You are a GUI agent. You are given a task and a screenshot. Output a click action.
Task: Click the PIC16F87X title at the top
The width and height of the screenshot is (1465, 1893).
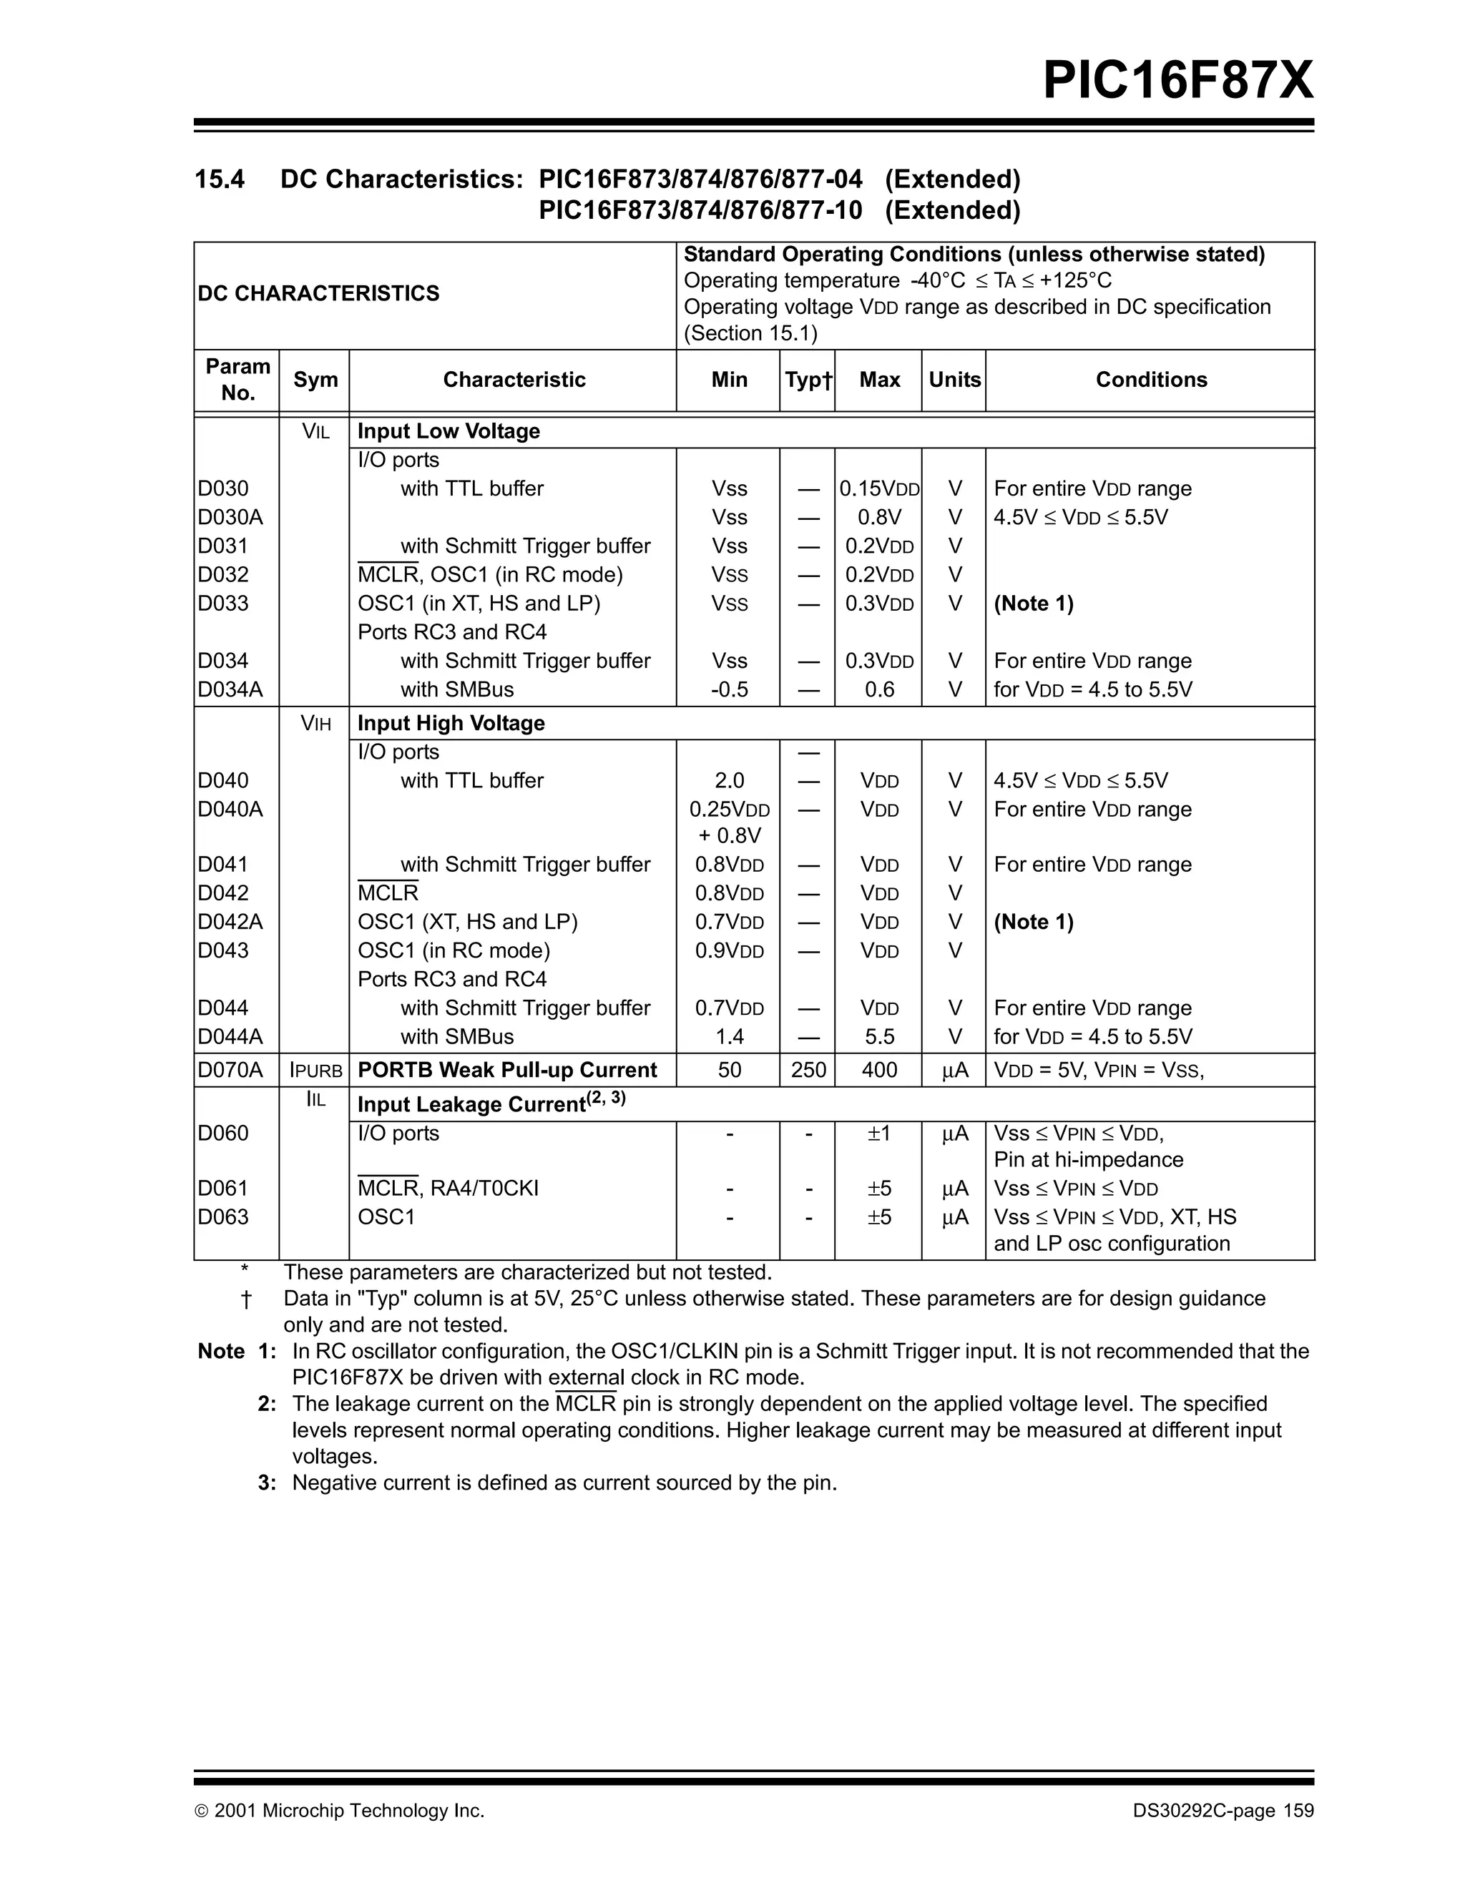pos(1177,81)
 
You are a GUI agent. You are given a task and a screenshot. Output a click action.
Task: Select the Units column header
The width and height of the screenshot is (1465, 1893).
pos(954,380)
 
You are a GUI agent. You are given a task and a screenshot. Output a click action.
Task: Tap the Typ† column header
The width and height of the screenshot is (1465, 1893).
pos(808,380)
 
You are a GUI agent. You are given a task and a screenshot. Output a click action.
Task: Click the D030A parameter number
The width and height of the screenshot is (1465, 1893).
pos(230,518)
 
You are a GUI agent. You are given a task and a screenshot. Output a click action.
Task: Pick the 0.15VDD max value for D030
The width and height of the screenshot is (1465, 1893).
pos(879,489)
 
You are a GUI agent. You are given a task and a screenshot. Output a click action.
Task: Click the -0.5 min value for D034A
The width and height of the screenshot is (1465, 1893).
pos(729,690)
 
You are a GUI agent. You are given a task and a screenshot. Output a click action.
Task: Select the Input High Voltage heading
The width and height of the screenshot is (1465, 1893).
pos(451,723)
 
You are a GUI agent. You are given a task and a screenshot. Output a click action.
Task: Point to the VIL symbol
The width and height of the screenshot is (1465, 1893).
pos(315,432)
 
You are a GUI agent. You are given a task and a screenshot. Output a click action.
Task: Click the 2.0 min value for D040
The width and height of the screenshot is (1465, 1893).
pos(729,781)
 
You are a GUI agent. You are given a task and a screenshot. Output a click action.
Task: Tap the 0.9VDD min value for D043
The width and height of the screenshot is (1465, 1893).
pos(729,951)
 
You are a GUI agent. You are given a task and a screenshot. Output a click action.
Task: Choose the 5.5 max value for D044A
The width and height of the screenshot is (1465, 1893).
pos(879,1037)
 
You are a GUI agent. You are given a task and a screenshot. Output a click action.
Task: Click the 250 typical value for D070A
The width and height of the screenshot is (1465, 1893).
pos(808,1071)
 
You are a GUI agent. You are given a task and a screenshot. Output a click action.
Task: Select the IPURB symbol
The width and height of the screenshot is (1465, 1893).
pos(315,1071)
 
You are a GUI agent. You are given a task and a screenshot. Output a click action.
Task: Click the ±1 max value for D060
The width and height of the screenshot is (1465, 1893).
pos(879,1134)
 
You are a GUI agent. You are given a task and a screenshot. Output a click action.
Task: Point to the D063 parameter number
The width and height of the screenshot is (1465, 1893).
pos(222,1217)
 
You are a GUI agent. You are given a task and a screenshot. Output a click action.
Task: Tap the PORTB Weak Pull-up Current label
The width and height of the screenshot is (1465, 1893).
pos(507,1071)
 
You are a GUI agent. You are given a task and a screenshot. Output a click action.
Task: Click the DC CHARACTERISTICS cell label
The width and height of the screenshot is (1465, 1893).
pos(318,294)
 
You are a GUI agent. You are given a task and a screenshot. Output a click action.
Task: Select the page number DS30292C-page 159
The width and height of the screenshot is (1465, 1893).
pos(1223,1811)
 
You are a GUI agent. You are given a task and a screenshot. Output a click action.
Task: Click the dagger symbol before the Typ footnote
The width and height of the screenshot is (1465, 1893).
pos(245,1299)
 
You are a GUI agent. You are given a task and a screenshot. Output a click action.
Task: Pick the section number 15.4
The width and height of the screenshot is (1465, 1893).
pos(220,180)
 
